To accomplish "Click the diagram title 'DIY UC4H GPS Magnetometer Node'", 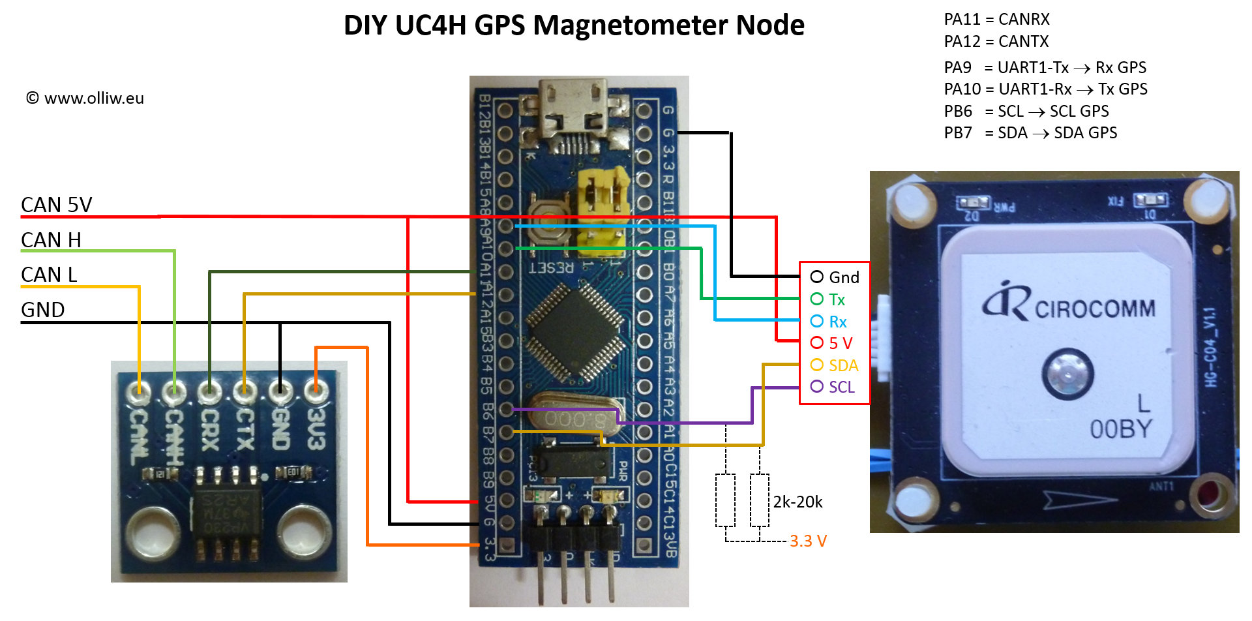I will click(x=574, y=25).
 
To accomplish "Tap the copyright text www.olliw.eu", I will click(x=85, y=98).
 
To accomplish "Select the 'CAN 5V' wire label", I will click(x=57, y=205).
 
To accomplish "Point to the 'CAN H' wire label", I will click(x=51, y=240).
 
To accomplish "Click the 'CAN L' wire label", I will click(x=49, y=275).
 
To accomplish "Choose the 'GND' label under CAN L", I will click(x=43, y=310).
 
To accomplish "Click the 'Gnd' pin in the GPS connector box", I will click(x=835, y=277).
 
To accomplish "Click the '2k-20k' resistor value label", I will click(x=797, y=502).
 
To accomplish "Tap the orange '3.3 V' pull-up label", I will click(x=808, y=541).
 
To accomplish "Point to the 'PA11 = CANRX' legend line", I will click(x=996, y=20).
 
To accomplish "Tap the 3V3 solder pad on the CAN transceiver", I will click(x=316, y=391).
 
